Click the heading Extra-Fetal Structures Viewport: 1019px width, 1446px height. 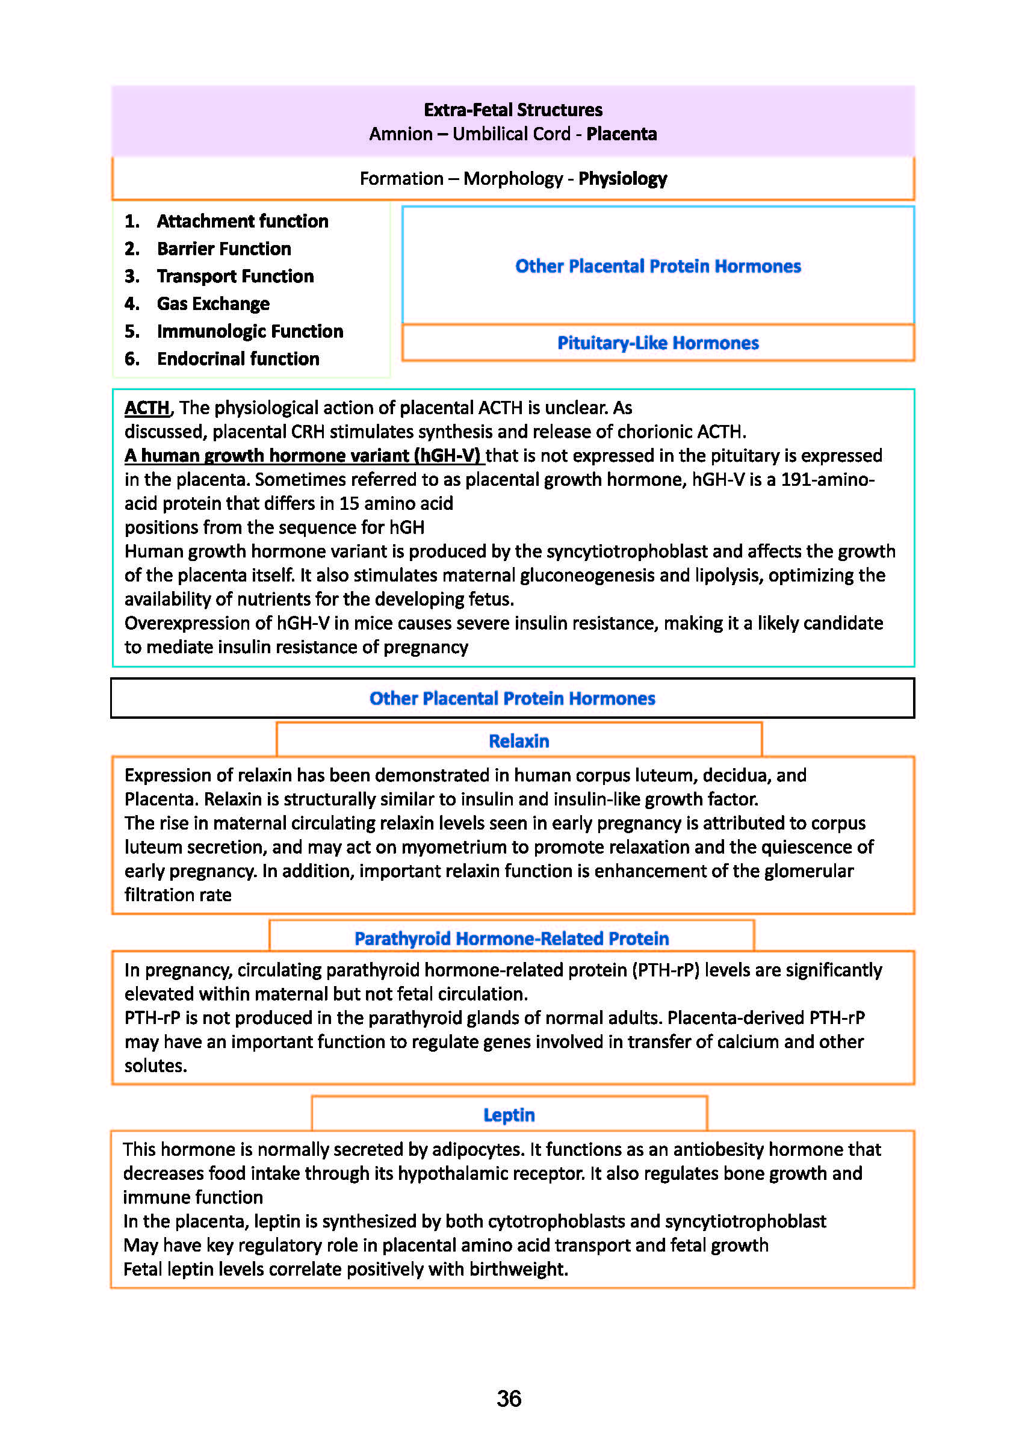[x=513, y=110]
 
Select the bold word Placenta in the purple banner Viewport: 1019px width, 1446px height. [x=621, y=134]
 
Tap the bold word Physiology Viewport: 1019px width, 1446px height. [x=622, y=179]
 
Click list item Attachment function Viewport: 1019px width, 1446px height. [x=243, y=221]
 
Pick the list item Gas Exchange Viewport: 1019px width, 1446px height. [x=213, y=303]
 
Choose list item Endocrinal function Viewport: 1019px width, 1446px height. [x=238, y=359]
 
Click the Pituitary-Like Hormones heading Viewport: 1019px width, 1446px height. [x=657, y=343]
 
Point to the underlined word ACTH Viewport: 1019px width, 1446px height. [x=147, y=408]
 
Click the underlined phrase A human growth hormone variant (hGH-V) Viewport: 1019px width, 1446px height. [x=302, y=456]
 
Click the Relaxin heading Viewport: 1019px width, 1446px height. [x=518, y=741]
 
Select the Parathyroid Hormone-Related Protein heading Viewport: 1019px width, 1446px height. [x=512, y=939]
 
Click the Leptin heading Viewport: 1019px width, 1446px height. [x=509, y=1116]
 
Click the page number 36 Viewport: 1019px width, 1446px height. [x=509, y=1399]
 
